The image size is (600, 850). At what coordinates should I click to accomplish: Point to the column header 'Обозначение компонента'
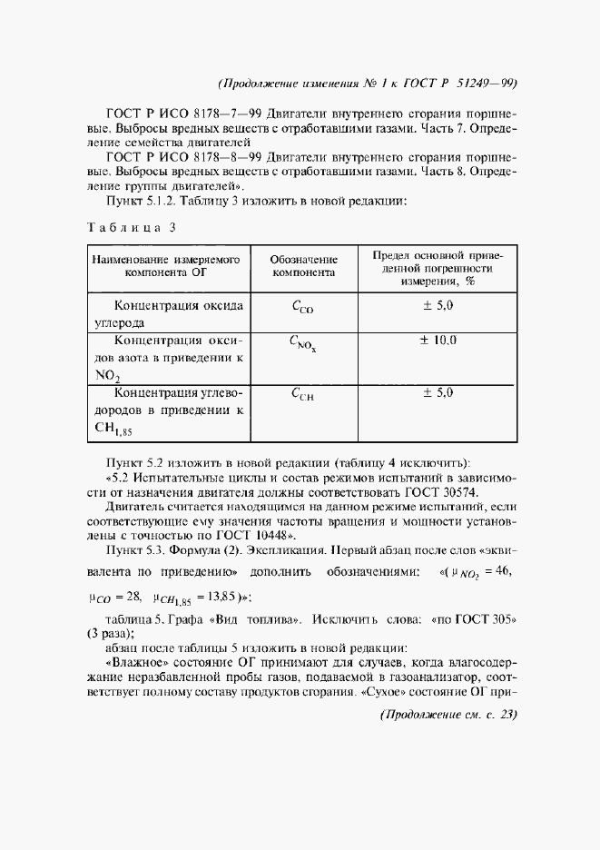tap(303, 265)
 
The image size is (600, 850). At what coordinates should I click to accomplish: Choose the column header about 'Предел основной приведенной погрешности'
tap(438, 268)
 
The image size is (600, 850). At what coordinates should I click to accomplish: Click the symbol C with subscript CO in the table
tap(302, 308)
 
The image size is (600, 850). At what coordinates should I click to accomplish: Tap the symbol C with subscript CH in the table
tap(302, 394)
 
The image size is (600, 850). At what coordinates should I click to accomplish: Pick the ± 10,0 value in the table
tap(438, 341)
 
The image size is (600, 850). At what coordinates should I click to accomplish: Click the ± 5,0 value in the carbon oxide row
tap(438, 306)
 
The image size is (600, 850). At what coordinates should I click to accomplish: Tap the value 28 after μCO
tap(132, 599)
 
